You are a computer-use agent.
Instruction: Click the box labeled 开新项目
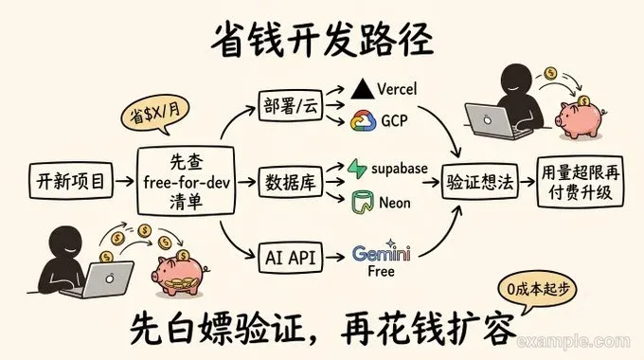(x=71, y=181)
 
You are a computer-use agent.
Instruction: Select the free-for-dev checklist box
(x=186, y=181)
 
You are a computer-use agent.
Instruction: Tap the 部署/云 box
(x=291, y=105)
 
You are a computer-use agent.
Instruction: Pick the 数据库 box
(x=291, y=182)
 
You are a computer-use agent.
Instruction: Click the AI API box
(x=291, y=258)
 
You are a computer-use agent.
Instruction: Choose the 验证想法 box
(x=480, y=182)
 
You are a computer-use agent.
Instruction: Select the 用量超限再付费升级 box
(x=581, y=182)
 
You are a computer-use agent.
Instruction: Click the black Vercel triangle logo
(x=362, y=89)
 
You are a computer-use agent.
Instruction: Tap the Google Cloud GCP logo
(x=363, y=121)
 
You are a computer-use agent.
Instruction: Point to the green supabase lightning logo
(x=357, y=169)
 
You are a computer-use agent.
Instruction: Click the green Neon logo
(x=362, y=202)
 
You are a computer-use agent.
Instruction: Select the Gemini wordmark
(x=381, y=252)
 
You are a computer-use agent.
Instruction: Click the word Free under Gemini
(x=381, y=271)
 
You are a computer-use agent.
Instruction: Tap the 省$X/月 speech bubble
(x=155, y=114)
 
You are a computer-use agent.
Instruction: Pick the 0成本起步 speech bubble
(x=537, y=291)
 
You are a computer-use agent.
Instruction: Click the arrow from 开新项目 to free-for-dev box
(x=124, y=181)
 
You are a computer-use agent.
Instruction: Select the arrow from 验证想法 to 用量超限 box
(x=528, y=181)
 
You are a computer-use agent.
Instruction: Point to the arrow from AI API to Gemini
(x=334, y=258)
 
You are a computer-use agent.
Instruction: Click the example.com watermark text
(x=573, y=341)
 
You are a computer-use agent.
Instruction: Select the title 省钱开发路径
(x=322, y=40)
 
